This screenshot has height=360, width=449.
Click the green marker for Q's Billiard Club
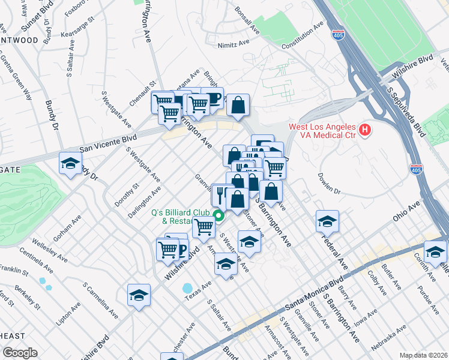[x=219, y=216]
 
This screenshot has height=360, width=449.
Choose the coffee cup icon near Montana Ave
[x=212, y=98]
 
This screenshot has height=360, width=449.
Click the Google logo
[x=20, y=353]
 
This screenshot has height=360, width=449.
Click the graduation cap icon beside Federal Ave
[x=327, y=221]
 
